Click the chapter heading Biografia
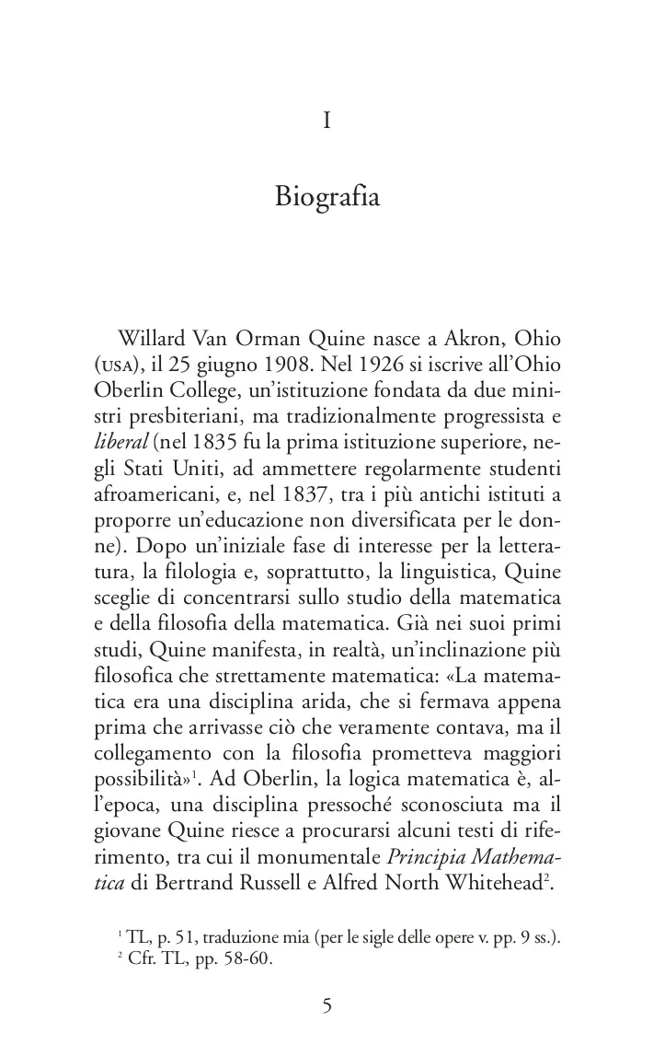[326, 197]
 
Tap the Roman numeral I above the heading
[326, 121]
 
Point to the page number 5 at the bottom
[326, 1005]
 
